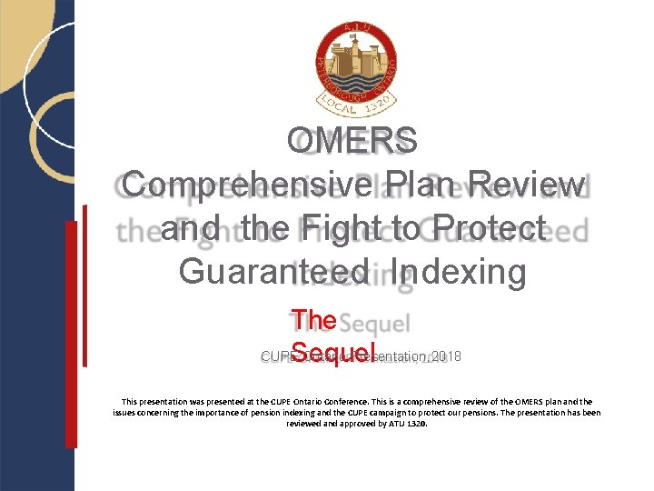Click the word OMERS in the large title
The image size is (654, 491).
coord(352,141)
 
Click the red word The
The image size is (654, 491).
coord(314,320)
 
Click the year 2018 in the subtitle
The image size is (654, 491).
coord(445,356)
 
